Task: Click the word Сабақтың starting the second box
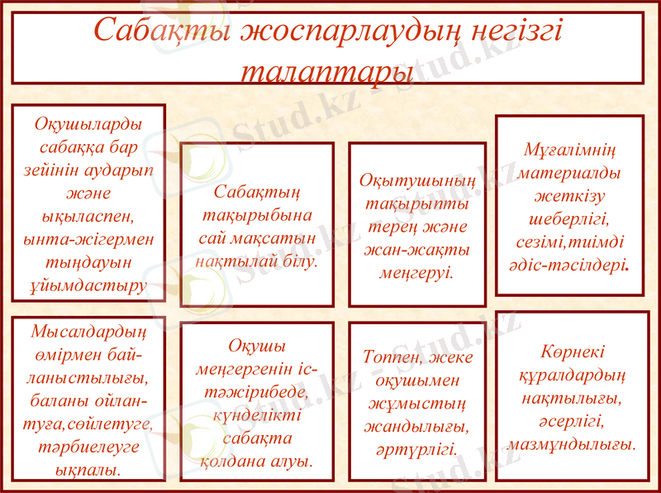coord(257,192)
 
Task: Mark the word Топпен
coord(393,357)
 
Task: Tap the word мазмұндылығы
coord(572,444)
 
